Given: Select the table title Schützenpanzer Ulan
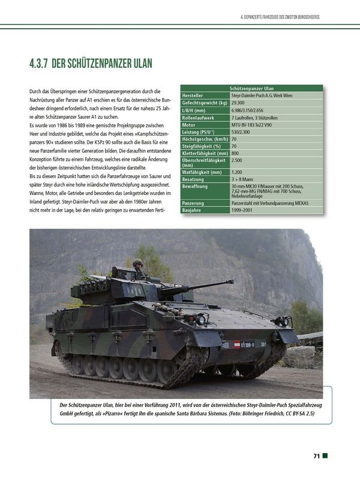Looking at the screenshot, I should pyautogui.click(x=256, y=88).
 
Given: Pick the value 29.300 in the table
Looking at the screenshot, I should pyautogui.click(x=240, y=103).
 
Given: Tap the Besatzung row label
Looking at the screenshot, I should pyautogui.click(x=194, y=179).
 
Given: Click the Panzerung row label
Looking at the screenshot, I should pyautogui.click(x=195, y=203).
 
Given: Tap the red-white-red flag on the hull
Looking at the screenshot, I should pyautogui.click(x=236, y=344).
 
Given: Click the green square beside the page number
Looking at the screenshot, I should pyautogui.click(x=325, y=456).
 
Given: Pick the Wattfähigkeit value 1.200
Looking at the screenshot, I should pyautogui.click(x=238, y=172).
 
